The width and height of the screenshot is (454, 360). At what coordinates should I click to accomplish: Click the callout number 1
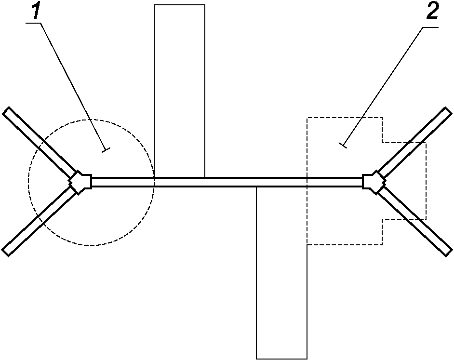click(x=36, y=11)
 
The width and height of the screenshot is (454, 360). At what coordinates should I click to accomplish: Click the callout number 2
click(x=432, y=11)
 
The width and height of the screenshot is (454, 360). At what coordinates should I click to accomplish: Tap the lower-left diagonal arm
click(x=40, y=221)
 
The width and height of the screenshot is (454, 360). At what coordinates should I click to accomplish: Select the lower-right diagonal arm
click(x=414, y=221)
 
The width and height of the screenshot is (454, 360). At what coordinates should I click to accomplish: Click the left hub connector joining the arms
click(x=80, y=182)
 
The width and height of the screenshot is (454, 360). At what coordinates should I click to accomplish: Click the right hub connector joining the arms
click(x=374, y=182)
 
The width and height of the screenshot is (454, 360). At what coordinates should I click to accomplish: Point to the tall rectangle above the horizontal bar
click(x=179, y=91)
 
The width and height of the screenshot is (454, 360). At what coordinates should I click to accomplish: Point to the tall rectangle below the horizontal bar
click(x=282, y=273)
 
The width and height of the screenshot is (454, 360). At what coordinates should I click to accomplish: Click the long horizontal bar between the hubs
click(x=227, y=182)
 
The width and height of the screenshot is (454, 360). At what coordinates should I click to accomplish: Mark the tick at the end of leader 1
click(x=106, y=150)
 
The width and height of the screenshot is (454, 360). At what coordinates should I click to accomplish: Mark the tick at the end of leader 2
click(x=343, y=145)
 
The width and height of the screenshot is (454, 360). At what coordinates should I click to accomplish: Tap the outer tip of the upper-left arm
click(x=6, y=110)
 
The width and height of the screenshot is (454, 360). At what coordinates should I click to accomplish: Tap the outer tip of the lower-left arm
click(x=6, y=253)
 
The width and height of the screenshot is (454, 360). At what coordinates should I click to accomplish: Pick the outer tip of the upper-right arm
click(x=449, y=110)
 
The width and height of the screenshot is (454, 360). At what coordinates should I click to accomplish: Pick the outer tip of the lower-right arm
click(x=449, y=253)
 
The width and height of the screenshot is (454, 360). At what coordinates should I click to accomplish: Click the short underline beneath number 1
click(x=33, y=24)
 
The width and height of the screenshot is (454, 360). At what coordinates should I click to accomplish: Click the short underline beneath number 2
click(x=430, y=27)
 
